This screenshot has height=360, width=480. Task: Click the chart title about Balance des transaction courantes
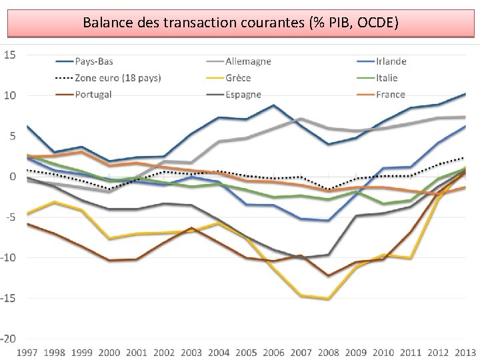[x=241, y=23]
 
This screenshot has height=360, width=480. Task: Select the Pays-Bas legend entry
[x=85, y=61]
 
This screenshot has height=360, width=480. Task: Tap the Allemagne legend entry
[x=239, y=61]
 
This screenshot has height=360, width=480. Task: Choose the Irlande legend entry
[x=382, y=61]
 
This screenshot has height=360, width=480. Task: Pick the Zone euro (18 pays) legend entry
[x=108, y=78]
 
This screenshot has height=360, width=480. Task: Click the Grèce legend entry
[x=229, y=78]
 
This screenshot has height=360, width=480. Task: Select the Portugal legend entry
[x=83, y=95]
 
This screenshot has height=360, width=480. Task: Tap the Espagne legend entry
[x=234, y=95]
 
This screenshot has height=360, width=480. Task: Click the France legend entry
[x=381, y=95]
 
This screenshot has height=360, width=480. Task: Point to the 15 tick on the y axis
[x=9, y=55]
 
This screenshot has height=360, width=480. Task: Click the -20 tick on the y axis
[x=8, y=339]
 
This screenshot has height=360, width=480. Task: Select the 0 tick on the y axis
[x=13, y=177]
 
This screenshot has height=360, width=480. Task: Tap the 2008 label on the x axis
[x=328, y=353]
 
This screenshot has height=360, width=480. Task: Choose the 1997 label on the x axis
[x=27, y=353]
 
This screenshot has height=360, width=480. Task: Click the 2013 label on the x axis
[x=465, y=353]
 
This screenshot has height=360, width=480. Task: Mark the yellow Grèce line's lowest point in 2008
[x=329, y=299]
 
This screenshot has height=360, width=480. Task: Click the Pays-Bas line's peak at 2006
[x=273, y=105]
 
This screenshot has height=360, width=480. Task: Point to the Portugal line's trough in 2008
[x=329, y=275]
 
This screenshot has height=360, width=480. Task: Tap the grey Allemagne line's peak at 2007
[x=301, y=119]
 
